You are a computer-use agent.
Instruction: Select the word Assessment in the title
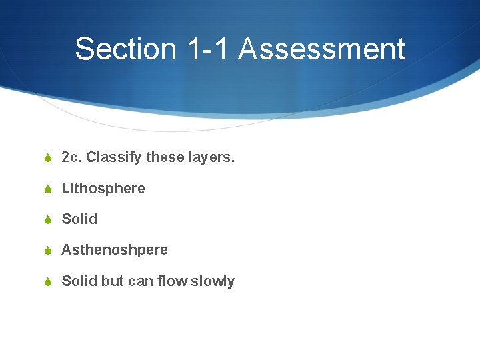[321, 49]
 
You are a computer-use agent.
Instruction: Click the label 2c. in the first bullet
[71, 158]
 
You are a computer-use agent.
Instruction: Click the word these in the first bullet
[163, 158]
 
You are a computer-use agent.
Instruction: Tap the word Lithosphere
[103, 189]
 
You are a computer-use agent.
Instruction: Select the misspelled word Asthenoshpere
[115, 250]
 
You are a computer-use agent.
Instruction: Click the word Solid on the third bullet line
[79, 219]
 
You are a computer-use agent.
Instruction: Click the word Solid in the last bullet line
[79, 281]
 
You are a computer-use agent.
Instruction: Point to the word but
[112, 281]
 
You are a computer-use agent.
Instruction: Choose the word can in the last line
[140, 281]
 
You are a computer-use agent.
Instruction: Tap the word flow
[172, 281]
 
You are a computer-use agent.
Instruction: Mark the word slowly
[213, 281]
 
